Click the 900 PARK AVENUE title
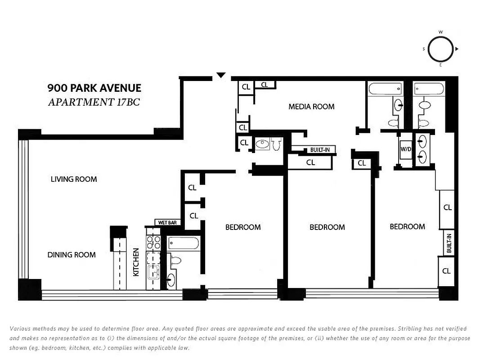point(94,88)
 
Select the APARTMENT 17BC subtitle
point(94,102)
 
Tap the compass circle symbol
point(440,49)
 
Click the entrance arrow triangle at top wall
point(220,75)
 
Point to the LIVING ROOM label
point(74,179)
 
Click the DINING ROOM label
point(72,255)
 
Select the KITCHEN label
point(136,262)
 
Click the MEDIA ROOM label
point(311,107)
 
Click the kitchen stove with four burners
point(154,243)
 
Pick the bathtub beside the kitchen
point(183,243)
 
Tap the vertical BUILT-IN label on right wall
point(449,243)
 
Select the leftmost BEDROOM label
point(243,227)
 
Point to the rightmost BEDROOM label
point(407,226)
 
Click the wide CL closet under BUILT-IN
point(310,162)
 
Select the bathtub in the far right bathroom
point(429,89)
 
